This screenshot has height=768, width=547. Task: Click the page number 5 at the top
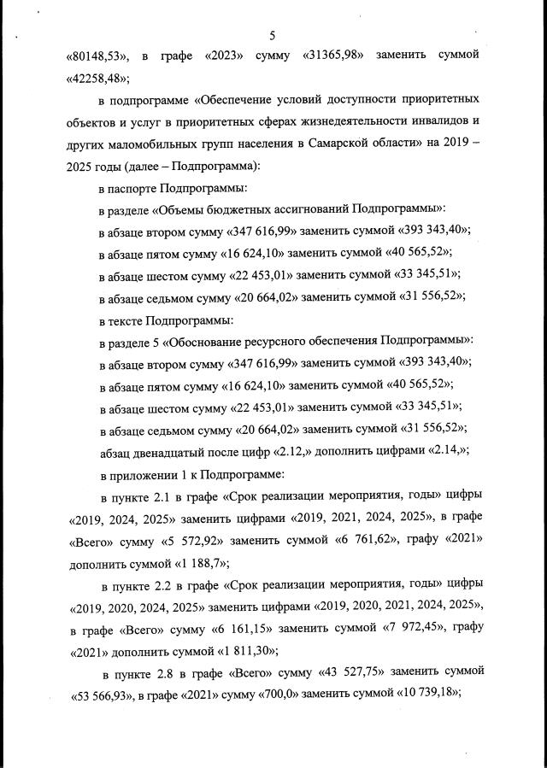(x=272, y=35)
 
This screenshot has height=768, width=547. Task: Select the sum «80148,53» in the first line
(x=98, y=56)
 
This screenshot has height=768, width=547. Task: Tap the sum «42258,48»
(x=97, y=79)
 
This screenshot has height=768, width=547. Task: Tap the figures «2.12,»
(x=304, y=451)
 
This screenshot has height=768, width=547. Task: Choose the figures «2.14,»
(x=443, y=451)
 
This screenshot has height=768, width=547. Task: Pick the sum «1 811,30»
(x=179, y=653)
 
